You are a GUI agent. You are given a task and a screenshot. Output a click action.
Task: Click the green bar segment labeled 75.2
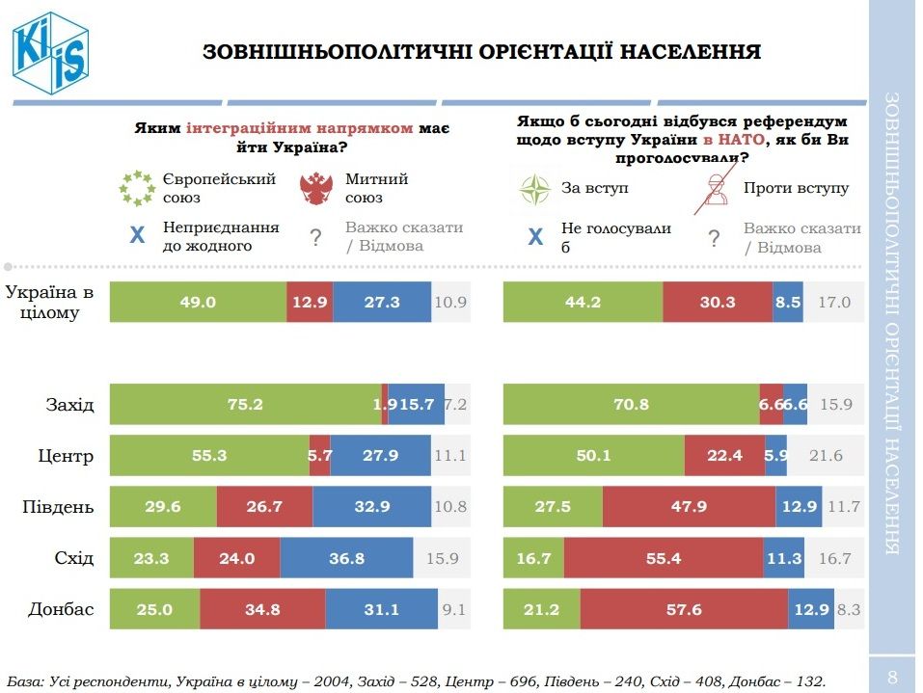point(245,405)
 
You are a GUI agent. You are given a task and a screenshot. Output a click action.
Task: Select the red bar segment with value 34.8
point(262,609)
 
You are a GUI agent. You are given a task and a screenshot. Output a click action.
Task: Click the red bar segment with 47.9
point(689,507)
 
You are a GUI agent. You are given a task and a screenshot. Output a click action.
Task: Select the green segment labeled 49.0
point(198,303)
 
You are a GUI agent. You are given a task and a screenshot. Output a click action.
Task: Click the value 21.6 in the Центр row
point(830,456)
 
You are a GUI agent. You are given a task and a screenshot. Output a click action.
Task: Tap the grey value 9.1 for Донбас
point(453,609)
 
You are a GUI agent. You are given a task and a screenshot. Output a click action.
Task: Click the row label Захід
point(70,405)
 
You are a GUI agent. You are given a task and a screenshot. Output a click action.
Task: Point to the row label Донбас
point(62,609)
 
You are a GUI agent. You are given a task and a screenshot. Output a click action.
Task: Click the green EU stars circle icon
point(136,188)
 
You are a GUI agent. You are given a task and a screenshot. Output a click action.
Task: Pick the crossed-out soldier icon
point(713,188)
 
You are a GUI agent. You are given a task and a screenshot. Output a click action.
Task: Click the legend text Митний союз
point(376,188)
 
